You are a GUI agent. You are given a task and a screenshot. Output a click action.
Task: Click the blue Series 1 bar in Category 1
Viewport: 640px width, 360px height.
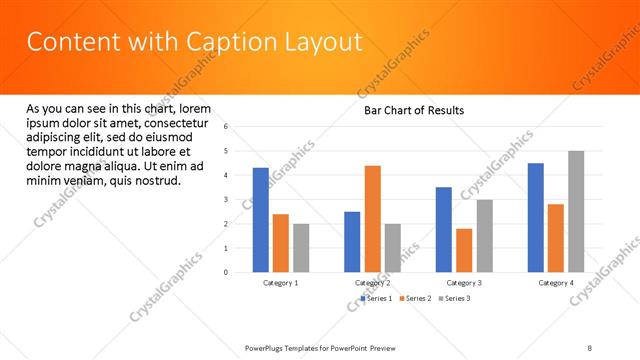tap(260, 220)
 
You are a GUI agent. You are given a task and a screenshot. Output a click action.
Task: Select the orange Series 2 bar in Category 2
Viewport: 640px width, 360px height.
tap(372, 219)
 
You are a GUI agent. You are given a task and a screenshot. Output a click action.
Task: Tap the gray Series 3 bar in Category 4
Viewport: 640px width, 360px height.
tap(576, 211)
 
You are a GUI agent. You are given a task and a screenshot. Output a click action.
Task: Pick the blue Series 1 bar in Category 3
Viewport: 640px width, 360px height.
tap(443, 230)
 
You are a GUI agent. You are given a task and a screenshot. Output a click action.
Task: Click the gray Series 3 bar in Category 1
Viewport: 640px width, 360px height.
tap(301, 248)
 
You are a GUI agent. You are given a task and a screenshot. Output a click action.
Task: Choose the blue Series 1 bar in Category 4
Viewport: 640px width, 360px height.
tap(535, 217)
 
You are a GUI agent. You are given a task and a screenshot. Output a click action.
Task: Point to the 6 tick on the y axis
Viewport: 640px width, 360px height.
tap(227, 127)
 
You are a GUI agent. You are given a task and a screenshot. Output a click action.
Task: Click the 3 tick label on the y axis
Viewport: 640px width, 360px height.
tap(227, 200)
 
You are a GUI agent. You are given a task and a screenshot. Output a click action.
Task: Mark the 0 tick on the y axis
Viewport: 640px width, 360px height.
tap(227, 272)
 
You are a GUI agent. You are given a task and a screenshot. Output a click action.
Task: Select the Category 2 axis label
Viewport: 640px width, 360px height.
tap(372, 283)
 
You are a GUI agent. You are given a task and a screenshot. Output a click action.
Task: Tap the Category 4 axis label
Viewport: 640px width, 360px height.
tap(556, 283)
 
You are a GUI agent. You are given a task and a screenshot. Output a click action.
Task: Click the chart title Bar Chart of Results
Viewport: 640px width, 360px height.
tap(413, 110)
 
